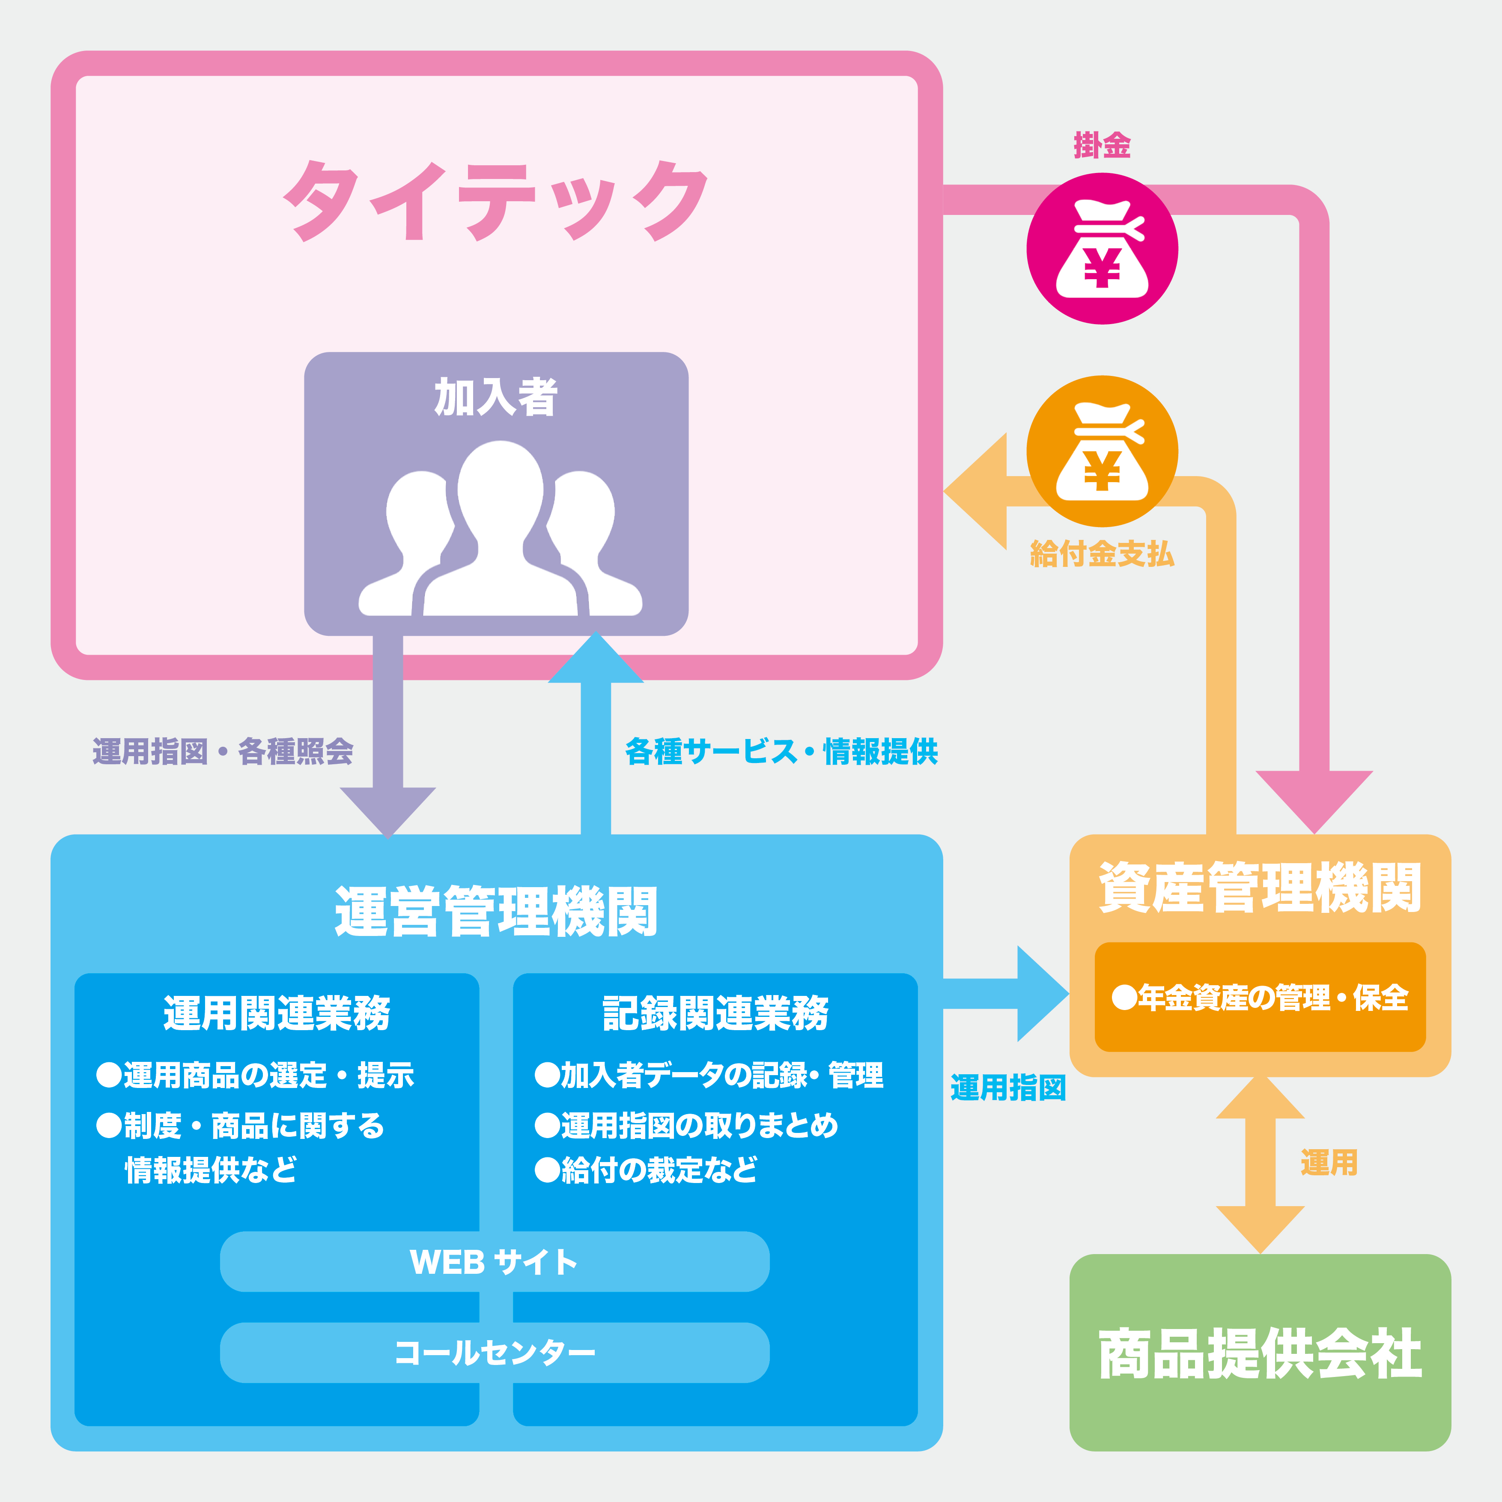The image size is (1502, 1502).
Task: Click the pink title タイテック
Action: (496, 200)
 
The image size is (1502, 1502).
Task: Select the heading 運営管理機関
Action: (496, 911)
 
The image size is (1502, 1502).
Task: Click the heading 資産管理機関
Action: (1259, 888)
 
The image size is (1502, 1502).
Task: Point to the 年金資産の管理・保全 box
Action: (1259, 998)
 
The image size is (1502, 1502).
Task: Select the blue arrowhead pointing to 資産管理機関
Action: (1042, 994)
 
